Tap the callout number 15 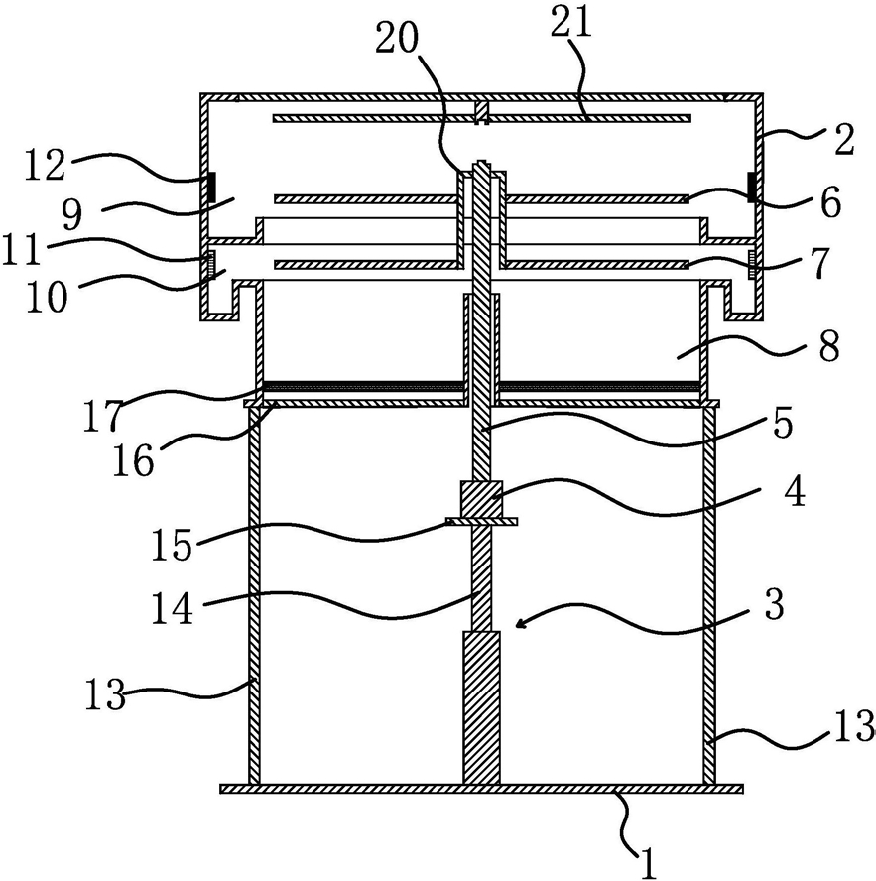[172, 544]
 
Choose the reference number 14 [172, 608]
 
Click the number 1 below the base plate [649, 862]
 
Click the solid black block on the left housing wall [212, 188]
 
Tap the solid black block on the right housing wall [751, 188]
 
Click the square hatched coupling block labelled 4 [481, 499]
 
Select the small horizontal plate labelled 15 [481, 522]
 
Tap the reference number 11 [22, 249]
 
